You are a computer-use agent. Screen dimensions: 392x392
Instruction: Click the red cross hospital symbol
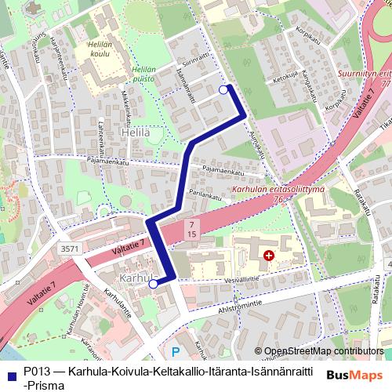pyautogui.click(x=269, y=256)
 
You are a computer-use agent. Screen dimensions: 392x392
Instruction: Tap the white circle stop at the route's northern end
pyautogui.click(x=223, y=90)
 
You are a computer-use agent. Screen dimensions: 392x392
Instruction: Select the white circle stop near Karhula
pyautogui.click(x=154, y=284)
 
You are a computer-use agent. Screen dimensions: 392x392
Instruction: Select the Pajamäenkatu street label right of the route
pyautogui.click(x=223, y=168)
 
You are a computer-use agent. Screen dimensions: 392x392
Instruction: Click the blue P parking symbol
pyautogui.click(x=176, y=352)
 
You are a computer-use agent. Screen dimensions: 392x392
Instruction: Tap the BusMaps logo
pyautogui.click(x=354, y=374)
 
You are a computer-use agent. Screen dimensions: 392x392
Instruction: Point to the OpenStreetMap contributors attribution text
pyautogui.click(x=321, y=350)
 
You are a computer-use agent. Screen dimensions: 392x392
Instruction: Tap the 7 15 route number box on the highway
pyautogui.click(x=191, y=229)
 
